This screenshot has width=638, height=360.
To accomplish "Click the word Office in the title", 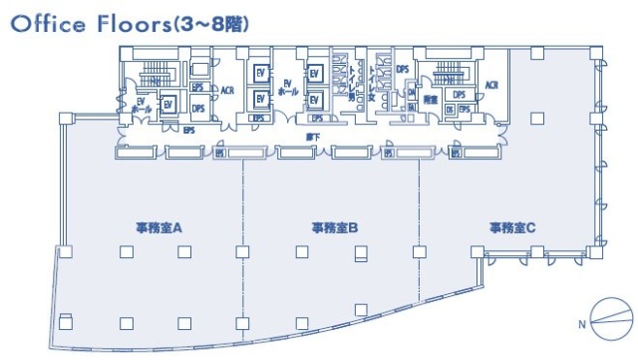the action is pyautogui.click(x=45, y=24).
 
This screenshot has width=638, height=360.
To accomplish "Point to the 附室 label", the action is pyautogui.click(x=431, y=99).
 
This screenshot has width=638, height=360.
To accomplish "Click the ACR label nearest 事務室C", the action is pyautogui.click(x=491, y=86).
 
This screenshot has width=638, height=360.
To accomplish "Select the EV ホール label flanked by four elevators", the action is pyautogui.click(x=286, y=88).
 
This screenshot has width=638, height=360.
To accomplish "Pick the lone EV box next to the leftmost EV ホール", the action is pyautogui.click(x=167, y=103).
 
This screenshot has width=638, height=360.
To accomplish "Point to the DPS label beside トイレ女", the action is pyautogui.click(x=403, y=69).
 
